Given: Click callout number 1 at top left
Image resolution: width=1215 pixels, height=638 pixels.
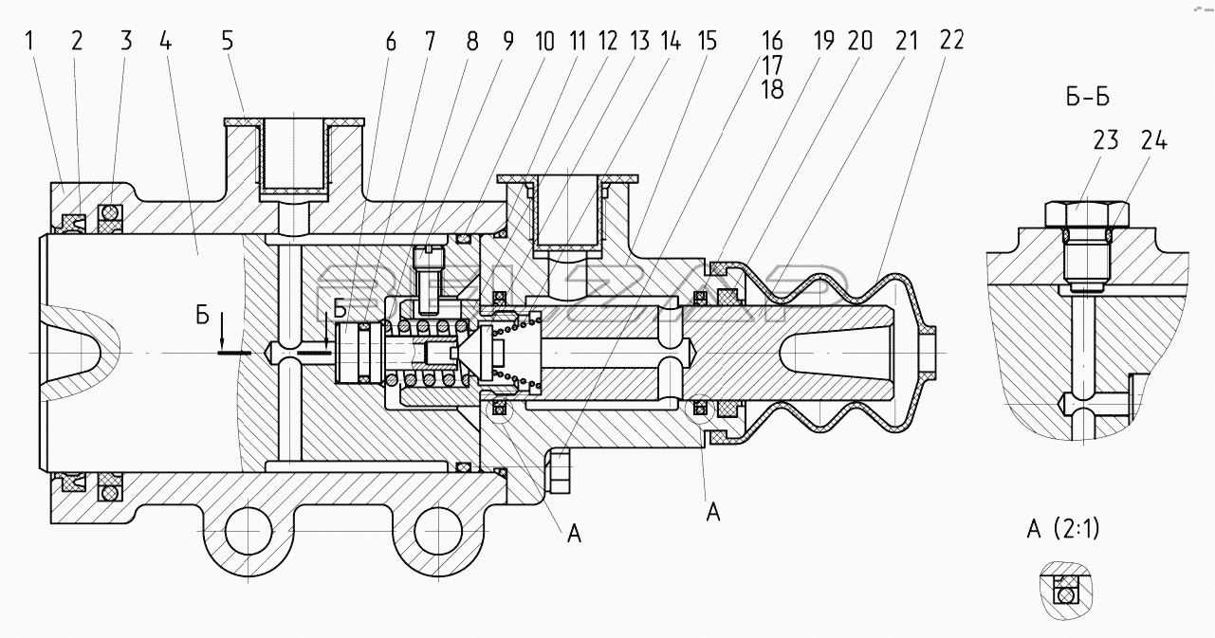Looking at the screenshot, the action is coord(29,41).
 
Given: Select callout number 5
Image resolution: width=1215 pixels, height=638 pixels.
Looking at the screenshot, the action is coord(228,41).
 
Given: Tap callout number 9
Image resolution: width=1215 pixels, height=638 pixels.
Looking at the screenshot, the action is coord(508,41).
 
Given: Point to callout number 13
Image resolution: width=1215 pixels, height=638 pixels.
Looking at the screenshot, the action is coord(640,41).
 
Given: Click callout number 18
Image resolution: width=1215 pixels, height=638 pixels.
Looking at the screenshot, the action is coord(772,89).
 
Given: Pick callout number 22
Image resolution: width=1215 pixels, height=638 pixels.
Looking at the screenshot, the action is coord(952,41).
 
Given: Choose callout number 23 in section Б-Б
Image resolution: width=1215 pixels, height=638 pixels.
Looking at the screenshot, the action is coord(1106,141).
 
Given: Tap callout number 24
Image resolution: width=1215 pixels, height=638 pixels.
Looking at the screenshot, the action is coord(1153,141).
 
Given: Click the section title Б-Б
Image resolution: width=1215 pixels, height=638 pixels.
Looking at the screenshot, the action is coord(1088,98).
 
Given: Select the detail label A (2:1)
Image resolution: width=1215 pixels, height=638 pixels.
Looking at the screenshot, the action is coord(1063,529).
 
